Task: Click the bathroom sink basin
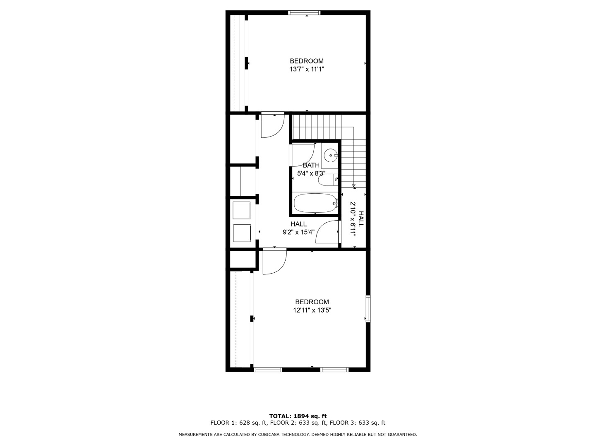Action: coord(331,156)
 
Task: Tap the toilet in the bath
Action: coord(328,180)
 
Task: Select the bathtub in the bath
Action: coord(315,203)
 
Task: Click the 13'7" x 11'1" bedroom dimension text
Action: coord(307,69)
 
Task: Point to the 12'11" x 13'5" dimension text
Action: coord(312,310)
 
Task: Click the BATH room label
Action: coord(311,165)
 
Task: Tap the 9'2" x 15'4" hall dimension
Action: coord(298,232)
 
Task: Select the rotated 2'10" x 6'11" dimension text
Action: coord(353,219)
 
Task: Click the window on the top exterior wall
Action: coord(304,12)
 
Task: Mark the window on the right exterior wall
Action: coord(368,309)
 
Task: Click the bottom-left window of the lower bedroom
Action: coord(268,370)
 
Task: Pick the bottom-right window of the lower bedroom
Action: coord(334,370)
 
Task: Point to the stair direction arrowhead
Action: coord(353,186)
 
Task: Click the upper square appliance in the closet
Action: coord(242,210)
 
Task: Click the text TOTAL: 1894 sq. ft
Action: coord(298,416)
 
